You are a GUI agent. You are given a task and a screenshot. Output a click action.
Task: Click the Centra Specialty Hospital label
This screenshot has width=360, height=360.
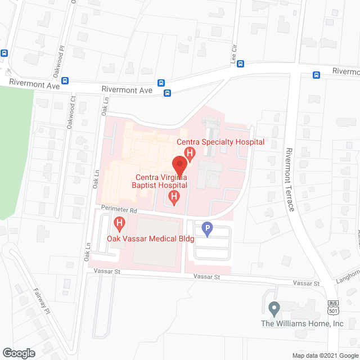point(220,142)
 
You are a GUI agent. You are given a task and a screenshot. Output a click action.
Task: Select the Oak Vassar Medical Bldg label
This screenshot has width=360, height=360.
point(151,238)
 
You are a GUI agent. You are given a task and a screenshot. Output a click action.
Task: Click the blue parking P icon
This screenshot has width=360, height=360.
point(208,229)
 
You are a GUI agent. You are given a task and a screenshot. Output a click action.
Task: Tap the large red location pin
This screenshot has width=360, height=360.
point(179,165)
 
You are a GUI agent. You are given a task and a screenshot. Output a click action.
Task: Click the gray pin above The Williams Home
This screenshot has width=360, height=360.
point(274,308)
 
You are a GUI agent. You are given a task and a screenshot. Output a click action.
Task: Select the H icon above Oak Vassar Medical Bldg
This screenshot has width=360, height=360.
point(119,224)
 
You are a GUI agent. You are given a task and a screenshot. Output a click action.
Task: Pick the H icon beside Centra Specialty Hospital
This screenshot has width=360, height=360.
point(190,152)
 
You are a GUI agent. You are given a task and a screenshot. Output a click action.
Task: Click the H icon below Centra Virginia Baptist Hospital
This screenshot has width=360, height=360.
point(174,197)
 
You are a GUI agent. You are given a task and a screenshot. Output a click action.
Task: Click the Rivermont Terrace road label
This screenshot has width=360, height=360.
point(290,179)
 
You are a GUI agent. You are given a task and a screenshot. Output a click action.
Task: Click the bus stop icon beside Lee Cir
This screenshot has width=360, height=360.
point(241,64)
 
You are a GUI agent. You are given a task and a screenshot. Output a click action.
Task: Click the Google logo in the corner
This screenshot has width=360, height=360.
point(18,353)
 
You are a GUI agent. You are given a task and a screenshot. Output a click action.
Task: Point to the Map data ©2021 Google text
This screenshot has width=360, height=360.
point(324,355)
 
